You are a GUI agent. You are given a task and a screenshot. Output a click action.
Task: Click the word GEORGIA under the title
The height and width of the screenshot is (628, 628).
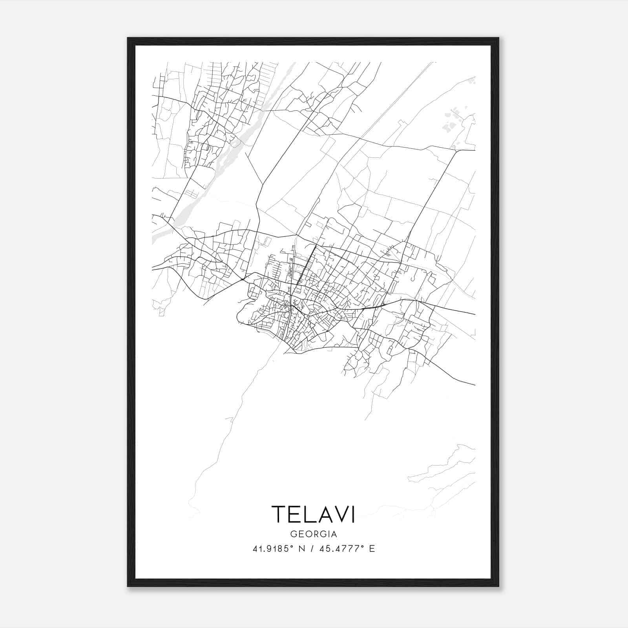[313, 534]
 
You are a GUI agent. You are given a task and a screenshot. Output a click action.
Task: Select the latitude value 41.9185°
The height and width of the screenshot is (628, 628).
[273, 549]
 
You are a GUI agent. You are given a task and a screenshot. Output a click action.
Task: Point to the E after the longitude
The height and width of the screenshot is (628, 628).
[372, 549]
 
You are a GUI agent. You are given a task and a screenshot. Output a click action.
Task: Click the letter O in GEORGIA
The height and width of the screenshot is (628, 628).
[306, 534]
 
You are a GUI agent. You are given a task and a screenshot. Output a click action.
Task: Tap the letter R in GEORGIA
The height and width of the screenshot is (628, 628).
[313, 534]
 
